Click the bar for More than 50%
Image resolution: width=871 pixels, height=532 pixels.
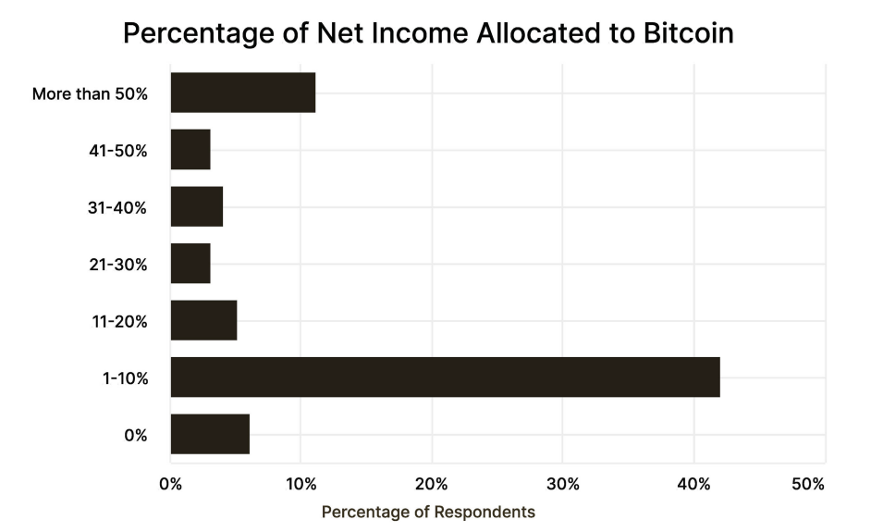[x=243, y=93]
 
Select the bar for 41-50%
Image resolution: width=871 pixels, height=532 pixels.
[x=190, y=150]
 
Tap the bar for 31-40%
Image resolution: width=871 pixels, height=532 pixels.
[x=197, y=207]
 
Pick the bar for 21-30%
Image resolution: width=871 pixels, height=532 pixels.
[x=190, y=264]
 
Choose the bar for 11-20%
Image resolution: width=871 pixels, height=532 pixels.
[x=203, y=321]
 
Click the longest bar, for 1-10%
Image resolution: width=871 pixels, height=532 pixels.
[x=445, y=377]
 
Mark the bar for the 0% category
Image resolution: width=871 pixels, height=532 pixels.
[x=210, y=435]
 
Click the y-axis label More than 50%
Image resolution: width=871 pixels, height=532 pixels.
[x=90, y=93]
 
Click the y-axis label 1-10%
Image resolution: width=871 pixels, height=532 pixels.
[x=126, y=378]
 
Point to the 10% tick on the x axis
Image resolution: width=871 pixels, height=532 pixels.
[x=301, y=484]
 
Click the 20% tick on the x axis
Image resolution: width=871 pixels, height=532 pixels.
[x=432, y=484]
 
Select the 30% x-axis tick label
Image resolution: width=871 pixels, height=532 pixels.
[x=563, y=484]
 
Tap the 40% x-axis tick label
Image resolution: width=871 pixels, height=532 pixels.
[x=693, y=484]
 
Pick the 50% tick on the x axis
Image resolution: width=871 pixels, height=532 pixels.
[x=808, y=484]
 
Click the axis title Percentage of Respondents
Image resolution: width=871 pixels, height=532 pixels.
[x=428, y=512]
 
